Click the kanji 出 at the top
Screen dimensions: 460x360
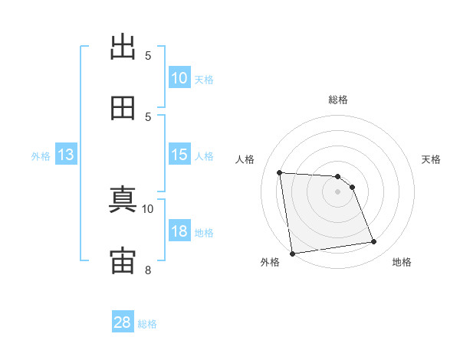123,47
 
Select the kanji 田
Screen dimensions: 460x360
123,108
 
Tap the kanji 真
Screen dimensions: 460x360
123,199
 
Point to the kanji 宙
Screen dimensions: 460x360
123,260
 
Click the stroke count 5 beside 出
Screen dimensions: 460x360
148,56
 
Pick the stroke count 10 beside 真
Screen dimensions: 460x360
147,209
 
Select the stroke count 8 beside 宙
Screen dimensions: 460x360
148,270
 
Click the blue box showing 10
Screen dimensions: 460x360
179,77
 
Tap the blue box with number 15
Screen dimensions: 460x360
179,154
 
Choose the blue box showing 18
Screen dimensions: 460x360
179,230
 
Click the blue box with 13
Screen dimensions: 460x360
66,154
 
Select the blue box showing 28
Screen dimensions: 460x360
123,321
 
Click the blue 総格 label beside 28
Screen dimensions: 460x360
147,324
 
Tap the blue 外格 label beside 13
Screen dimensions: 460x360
41,156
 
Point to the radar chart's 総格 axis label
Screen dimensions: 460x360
338,100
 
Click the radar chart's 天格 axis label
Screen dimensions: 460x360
431,159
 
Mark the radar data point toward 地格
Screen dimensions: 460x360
374,241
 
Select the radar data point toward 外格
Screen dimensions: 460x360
292,254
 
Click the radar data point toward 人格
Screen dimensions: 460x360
280,172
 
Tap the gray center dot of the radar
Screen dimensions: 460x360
337,191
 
